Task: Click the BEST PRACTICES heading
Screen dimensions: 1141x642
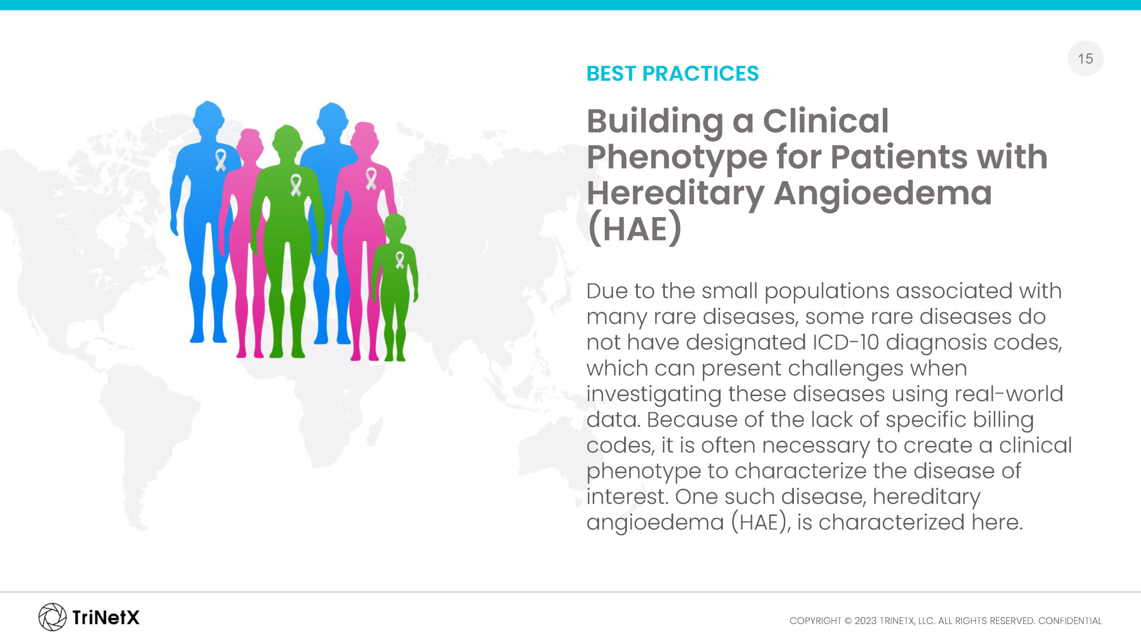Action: [672, 74]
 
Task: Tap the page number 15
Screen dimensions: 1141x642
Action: [1085, 58]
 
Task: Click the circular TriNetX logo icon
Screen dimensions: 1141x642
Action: [52, 617]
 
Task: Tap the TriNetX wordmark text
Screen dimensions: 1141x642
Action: [106, 617]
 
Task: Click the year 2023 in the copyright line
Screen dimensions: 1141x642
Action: [865, 621]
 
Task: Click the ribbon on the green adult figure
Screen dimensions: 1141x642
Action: [296, 185]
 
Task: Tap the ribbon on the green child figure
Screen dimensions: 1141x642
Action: [400, 260]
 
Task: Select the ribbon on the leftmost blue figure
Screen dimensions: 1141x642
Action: [221, 160]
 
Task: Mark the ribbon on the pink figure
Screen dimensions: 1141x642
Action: [371, 179]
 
